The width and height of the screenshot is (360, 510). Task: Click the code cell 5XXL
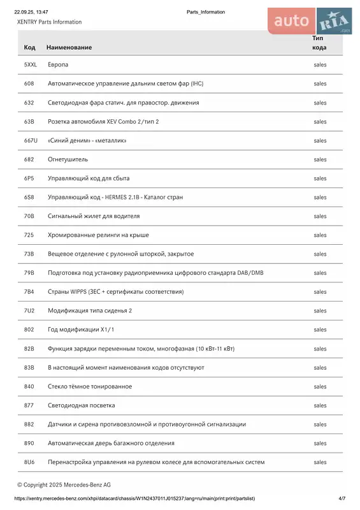(31, 65)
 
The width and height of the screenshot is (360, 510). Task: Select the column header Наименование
(69, 47)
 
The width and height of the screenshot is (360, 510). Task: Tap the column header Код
(29, 47)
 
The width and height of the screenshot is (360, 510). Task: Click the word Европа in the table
(58, 65)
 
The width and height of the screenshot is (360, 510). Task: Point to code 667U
(31, 140)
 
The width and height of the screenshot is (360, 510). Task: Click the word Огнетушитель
(68, 159)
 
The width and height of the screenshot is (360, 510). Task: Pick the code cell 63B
(29, 122)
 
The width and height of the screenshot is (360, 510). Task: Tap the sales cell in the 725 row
(320, 235)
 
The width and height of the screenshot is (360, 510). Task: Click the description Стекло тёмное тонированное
(90, 386)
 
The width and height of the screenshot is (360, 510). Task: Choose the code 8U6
(29, 462)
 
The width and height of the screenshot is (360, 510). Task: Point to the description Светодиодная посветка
(81, 405)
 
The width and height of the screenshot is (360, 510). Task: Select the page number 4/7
(342, 498)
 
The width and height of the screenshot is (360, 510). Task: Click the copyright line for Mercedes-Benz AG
(64, 484)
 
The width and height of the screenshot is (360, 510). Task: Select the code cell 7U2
(29, 310)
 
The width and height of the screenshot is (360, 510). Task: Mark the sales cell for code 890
(320, 443)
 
